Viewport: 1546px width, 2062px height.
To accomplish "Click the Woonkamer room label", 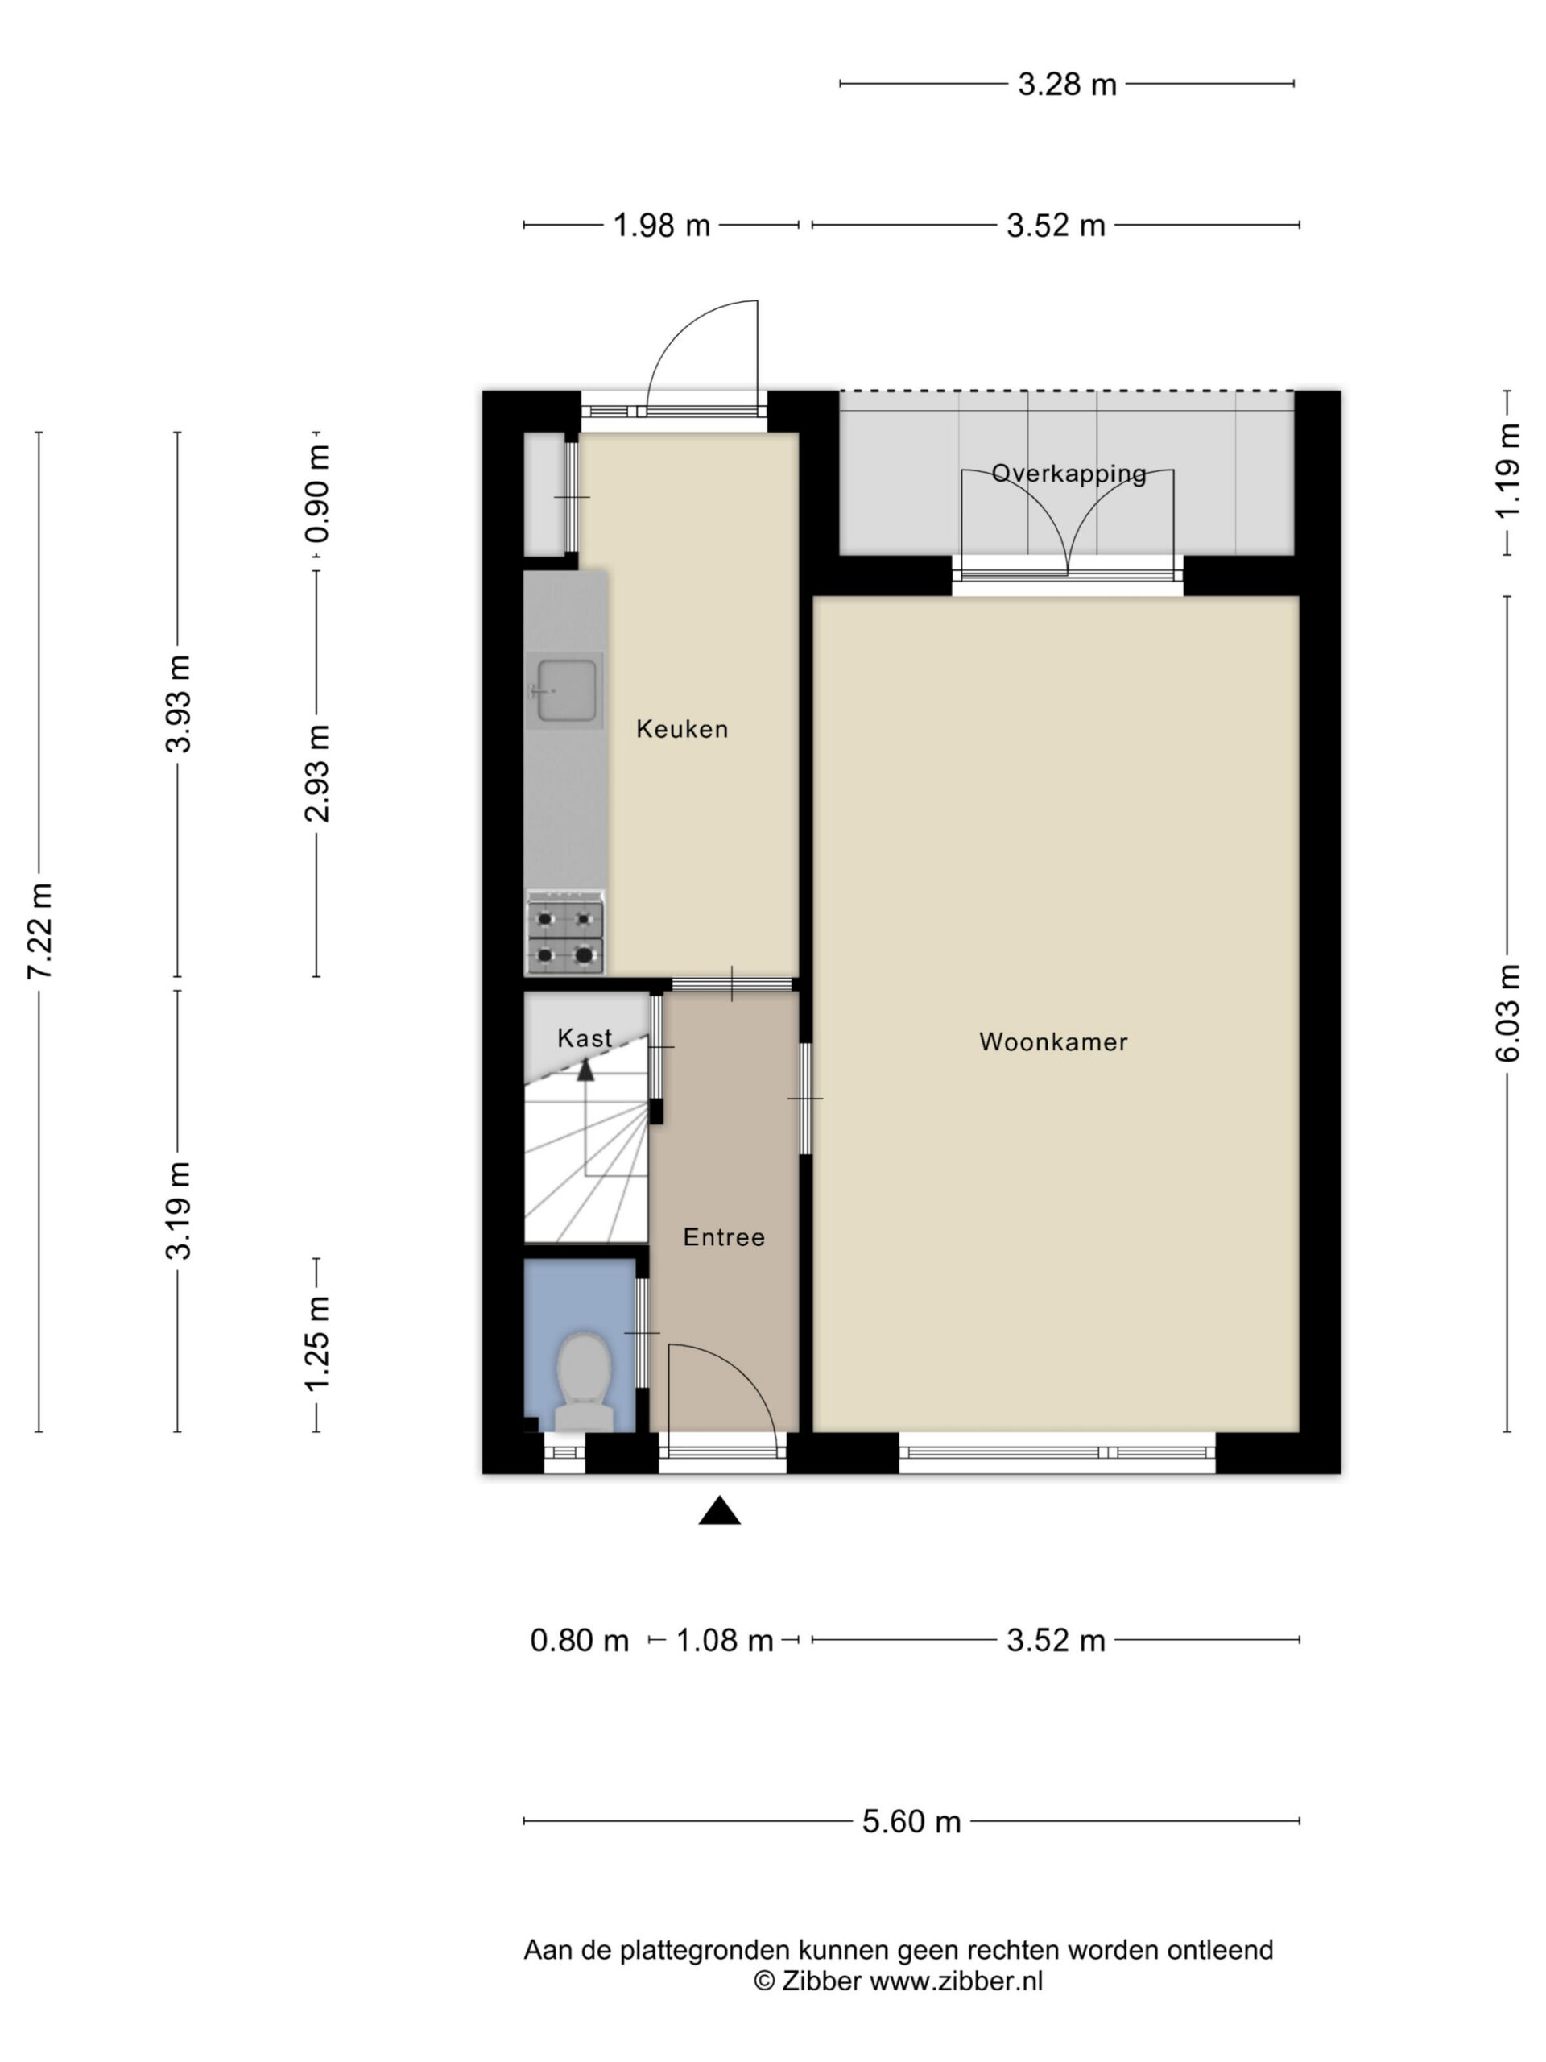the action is pyautogui.click(x=1053, y=1041).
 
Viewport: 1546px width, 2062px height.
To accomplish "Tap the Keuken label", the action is pyautogui.click(x=682, y=729).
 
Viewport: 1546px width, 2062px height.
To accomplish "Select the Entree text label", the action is pyautogui.click(x=724, y=1237).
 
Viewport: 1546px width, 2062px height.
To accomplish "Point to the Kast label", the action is pyautogui.click(x=585, y=1037).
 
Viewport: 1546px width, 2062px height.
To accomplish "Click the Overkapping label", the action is pyautogui.click(x=1069, y=474).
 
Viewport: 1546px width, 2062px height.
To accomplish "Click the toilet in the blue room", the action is pyautogui.click(x=585, y=1382).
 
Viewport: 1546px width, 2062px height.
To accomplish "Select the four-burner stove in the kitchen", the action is pyautogui.click(x=564, y=935).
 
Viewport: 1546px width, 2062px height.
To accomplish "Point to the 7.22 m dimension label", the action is pyautogui.click(x=39, y=930).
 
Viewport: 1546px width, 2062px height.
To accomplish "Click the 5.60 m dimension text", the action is pyautogui.click(x=911, y=1820).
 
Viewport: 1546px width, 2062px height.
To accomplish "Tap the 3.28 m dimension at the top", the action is pyautogui.click(x=1066, y=85).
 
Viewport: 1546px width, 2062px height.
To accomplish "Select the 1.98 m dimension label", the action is pyautogui.click(x=661, y=226).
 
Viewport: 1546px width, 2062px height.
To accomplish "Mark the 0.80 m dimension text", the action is pyautogui.click(x=579, y=1640).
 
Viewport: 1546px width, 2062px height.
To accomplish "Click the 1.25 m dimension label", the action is pyautogui.click(x=316, y=1344).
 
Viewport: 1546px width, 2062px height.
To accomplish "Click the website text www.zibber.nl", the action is pyautogui.click(x=955, y=1981).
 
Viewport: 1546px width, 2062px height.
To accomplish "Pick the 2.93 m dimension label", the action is pyautogui.click(x=316, y=772).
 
